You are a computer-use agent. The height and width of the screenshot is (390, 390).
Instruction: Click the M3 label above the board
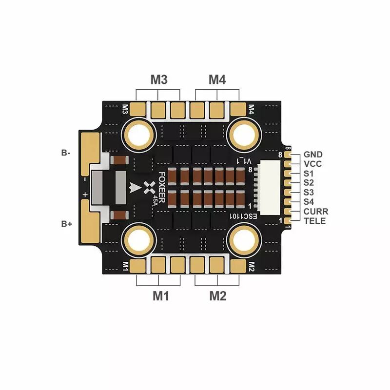click(x=159, y=79)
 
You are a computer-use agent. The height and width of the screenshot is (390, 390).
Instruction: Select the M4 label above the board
click(x=217, y=79)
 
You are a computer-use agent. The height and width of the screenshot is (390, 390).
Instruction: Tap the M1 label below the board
click(x=161, y=296)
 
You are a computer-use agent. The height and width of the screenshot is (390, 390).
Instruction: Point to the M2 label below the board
click(x=218, y=296)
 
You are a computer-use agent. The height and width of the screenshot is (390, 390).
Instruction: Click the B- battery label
click(x=66, y=153)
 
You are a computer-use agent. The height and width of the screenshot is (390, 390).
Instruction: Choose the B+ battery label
click(x=66, y=224)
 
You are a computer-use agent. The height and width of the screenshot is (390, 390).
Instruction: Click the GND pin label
click(x=313, y=155)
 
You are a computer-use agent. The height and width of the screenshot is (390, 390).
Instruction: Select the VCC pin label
click(x=312, y=164)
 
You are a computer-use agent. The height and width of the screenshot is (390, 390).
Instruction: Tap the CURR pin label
click(x=316, y=212)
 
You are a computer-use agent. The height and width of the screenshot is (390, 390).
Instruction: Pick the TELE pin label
click(x=314, y=221)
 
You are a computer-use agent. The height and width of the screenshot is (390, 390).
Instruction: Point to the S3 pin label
click(x=309, y=193)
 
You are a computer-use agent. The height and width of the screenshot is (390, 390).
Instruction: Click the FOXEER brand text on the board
click(x=162, y=187)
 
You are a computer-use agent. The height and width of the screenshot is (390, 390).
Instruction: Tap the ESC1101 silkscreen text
click(x=243, y=216)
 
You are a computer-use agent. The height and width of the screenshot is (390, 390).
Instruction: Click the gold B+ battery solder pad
click(x=90, y=222)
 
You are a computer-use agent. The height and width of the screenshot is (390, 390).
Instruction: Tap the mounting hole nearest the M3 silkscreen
click(x=139, y=135)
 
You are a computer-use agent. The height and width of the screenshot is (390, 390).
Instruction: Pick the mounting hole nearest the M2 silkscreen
click(x=244, y=240)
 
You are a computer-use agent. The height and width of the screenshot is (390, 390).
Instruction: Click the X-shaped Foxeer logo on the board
click(x=150, y=187)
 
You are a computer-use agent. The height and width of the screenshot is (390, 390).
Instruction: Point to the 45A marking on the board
click(x=155, y=200)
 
